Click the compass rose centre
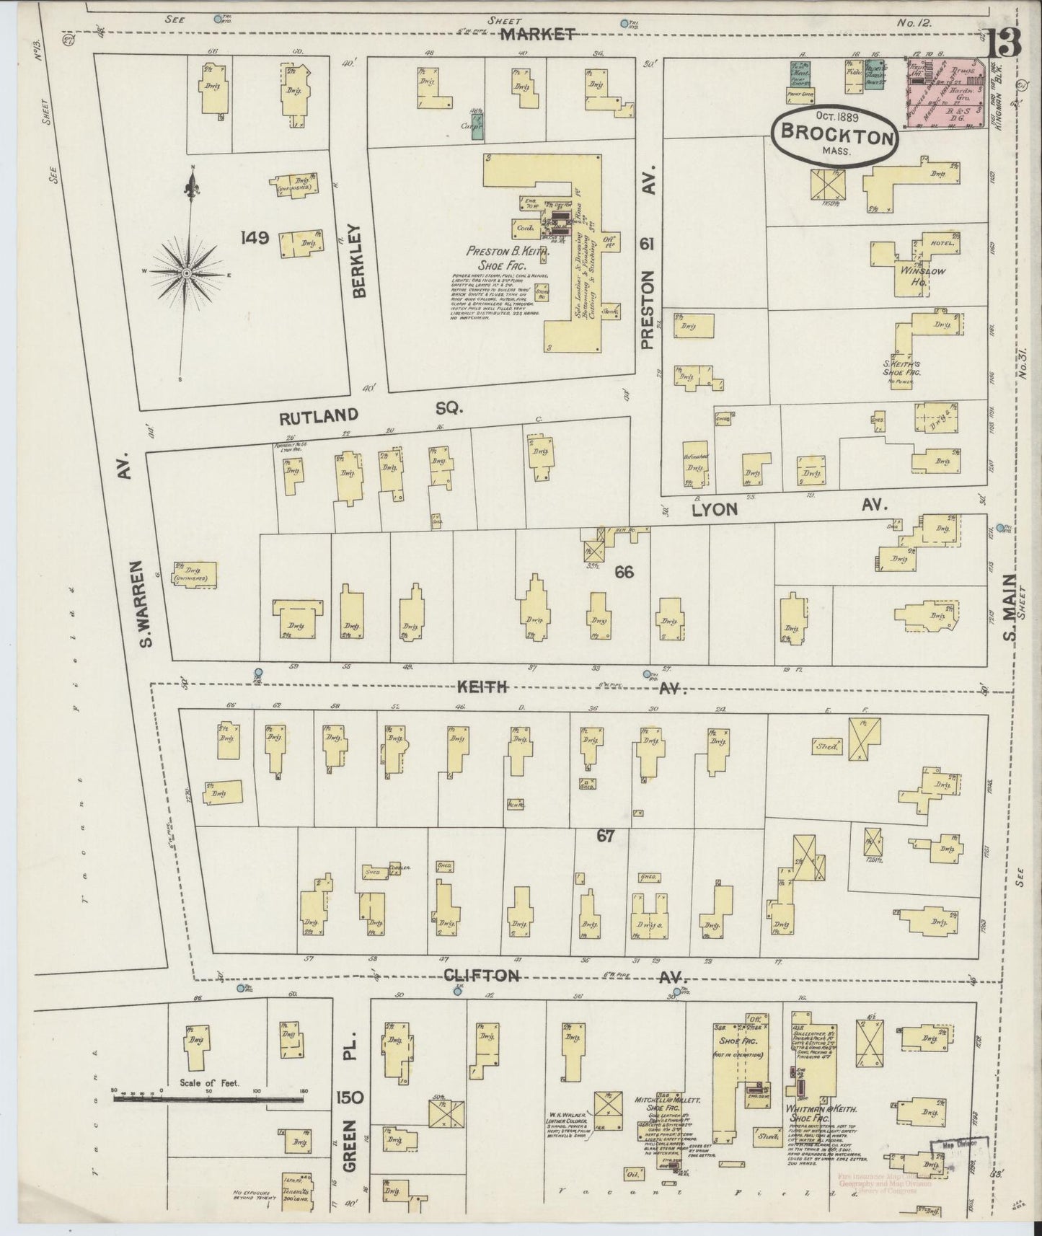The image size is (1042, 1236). coord(186,273)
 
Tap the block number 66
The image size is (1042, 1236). coord(624,572)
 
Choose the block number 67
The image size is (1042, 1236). coord(605,836)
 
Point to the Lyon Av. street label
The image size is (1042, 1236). coord(786,508)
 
